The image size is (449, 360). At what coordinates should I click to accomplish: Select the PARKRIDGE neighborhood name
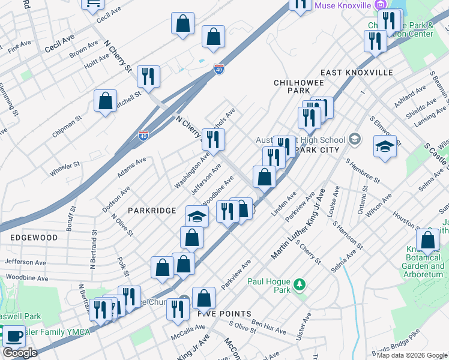pyautogui.click(x=152, y=211)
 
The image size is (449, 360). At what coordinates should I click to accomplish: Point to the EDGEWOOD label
pyautogui.click(x=34, y=238)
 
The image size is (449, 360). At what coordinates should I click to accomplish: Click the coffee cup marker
pyautogui.click(x=13, y=336)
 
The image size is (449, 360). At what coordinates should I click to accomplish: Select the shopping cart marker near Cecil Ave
pyautogui.click(x=93, y=5)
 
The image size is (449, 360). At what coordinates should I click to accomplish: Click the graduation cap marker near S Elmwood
pyautogui.click(x=385, y=146)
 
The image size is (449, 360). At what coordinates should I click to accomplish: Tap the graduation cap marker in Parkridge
pyautogui.click(x=196, y=216)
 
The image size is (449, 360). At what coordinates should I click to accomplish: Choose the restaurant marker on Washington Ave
pyautogui.click(x=213, y=139)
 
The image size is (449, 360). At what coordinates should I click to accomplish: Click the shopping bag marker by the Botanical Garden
pyautogui.click(x=427, y=240)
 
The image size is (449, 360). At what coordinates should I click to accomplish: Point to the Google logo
pyautogui.click(x=20, y=353)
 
